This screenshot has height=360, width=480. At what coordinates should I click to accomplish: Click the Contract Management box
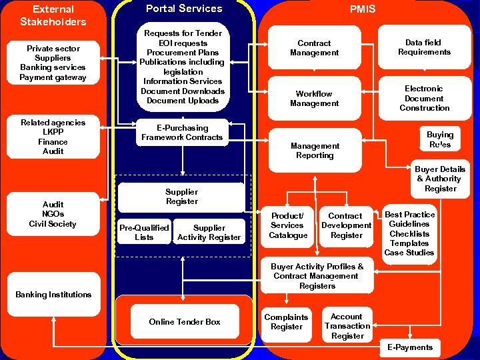click(x=314, y=47)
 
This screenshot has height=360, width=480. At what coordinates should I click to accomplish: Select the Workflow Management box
click(x=314, y=99)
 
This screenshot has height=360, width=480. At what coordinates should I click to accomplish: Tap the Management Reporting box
click(x=315, y=151)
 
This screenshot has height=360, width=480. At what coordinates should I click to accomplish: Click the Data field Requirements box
click(x=424, y=47)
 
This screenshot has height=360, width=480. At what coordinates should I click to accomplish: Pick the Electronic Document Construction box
click(x=424, y=98)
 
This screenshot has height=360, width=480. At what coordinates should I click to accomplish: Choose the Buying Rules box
click(x=439, y=139)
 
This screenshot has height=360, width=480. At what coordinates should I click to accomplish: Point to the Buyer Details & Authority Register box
click(x=441, y=179)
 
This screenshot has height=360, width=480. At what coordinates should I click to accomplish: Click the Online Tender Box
click(x=185, y=322)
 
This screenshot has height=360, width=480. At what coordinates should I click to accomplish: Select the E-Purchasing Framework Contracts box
click(x=182, y=133)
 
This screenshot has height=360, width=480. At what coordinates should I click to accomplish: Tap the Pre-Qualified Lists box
click(x=143, y=232)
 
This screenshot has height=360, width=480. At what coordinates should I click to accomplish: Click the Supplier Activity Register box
click(x=209, y=232)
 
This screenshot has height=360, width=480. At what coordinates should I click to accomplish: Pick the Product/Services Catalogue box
click(x=288, y=225)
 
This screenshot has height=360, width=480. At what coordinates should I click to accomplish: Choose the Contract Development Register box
click(x=346, y=225)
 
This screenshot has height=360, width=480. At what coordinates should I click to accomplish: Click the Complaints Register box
click(x=286, y=322)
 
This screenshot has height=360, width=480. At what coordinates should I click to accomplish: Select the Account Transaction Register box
click(x=347, y=326)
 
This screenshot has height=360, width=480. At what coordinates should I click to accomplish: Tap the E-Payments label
click(x=410, y=347)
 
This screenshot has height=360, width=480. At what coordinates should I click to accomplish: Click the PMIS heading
click(x=363, y=9)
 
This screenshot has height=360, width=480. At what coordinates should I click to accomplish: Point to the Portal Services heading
click(x=184, y=9)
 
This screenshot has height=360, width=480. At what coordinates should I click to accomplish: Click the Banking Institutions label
click(x=53, y=295)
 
